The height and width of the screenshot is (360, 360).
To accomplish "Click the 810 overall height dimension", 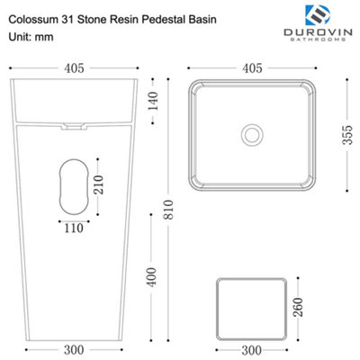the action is click(169, 210).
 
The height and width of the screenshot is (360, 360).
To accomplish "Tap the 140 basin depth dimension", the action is click(153, 101).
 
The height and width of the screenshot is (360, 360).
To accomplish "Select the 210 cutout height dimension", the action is click(98, 184).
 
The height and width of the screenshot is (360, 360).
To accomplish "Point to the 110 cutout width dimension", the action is click(74, 229).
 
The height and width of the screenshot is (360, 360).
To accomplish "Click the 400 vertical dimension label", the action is click(152, 277).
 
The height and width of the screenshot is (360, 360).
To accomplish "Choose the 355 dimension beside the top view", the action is click(347, 135).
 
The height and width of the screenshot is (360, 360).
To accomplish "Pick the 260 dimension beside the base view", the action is click(298, 307).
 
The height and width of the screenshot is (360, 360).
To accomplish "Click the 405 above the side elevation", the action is click(74, 68).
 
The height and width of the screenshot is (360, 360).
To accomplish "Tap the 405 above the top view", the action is click(252, 68).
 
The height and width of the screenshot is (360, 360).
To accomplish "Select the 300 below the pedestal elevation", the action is click(74, 350).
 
